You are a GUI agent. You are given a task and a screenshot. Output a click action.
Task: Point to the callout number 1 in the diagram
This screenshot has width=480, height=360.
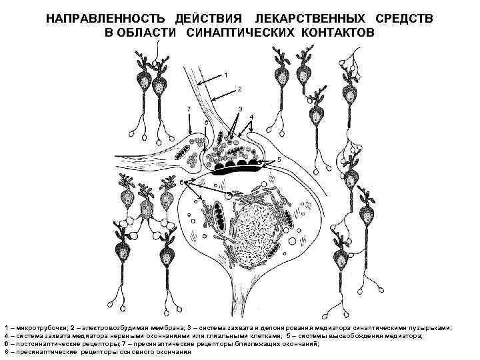click(226, 73)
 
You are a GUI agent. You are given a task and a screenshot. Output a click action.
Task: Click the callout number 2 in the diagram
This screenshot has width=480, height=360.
click(239, 89)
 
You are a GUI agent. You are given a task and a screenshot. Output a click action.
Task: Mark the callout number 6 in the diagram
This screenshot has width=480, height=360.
click(181, 183)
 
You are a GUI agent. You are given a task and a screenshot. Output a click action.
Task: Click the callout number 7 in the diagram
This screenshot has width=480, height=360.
click(189, 109)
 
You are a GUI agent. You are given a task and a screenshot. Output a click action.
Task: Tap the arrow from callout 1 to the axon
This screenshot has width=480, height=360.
click(210, 79)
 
